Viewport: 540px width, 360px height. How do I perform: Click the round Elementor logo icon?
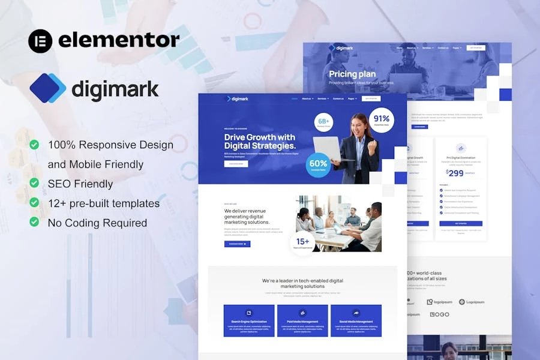click(40, 41)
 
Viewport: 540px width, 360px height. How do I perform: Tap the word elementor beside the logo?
click(119, 40)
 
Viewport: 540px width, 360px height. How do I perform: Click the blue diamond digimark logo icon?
click(47, 88)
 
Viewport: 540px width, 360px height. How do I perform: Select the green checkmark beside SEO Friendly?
click(35, 184)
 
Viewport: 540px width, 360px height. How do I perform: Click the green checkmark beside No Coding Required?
click(35, 223)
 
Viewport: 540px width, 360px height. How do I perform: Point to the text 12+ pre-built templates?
click(104, 203)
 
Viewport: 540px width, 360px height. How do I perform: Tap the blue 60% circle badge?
click(319, 165)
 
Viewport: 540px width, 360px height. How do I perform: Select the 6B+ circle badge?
click(324, 122)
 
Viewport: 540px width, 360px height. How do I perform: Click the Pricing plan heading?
click(352, 74)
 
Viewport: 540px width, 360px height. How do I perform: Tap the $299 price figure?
click(456, 173)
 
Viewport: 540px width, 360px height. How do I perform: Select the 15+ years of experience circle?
click(302, 244)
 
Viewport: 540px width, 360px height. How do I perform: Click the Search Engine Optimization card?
click(249, 320)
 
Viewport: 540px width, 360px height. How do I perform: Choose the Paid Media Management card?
click(302, 320)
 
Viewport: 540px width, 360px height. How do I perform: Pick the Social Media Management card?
click(356, 320)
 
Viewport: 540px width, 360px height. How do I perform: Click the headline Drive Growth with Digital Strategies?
click(260, 142)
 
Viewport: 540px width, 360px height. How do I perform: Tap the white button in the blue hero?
click(236, 163)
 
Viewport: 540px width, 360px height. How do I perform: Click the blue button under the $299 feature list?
click(461, 223)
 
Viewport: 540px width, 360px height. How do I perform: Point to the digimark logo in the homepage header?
click(238, 98)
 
